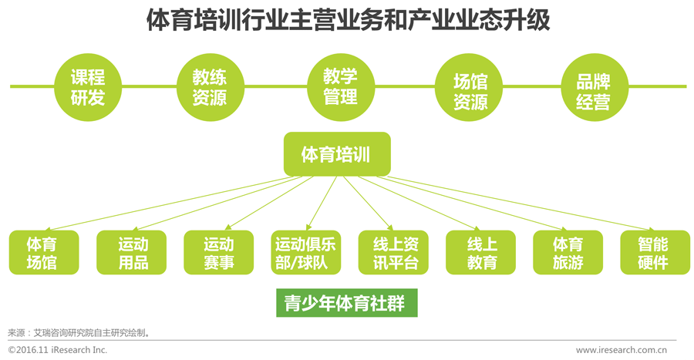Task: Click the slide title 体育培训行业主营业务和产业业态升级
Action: tap(348, 20)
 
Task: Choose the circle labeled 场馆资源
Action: tap(470, 86)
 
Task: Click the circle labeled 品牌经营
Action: tap(593, 86)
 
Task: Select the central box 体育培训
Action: tap(337, 154)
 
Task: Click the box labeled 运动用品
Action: tap(132, 253)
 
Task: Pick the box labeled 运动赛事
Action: tap(219, 253)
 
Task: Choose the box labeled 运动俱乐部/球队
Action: tap(306, 253)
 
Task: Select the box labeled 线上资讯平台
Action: tap(394, 253)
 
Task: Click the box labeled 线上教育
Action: tap(481, 253)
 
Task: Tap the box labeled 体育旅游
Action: tap(568, 253)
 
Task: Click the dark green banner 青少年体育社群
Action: tap(346, 302)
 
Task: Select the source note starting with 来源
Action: tap(78, 333)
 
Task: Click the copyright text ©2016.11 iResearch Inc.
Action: tap(58, 351)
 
